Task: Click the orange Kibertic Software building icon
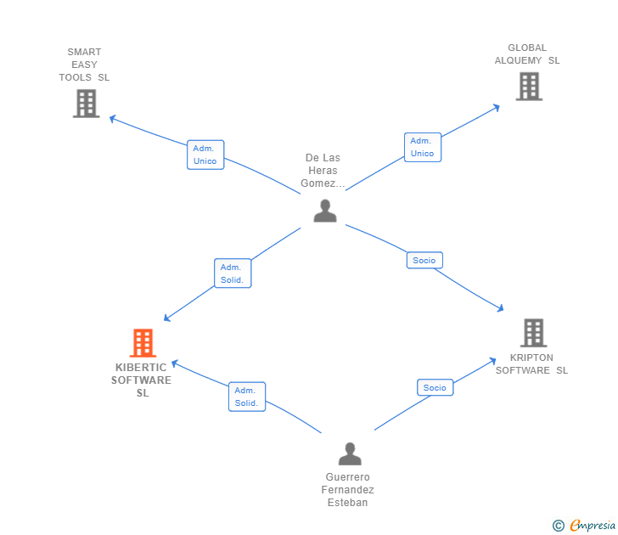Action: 143,343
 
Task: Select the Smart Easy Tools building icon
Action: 86,104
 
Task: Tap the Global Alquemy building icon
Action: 529,86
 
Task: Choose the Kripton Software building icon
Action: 533,333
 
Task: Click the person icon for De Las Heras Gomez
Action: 325,211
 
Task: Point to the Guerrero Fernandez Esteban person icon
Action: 350,454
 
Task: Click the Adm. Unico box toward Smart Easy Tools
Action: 205,155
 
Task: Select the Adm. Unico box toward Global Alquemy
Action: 422,147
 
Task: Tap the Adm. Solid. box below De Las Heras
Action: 232,273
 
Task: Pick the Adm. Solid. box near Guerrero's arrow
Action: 246,397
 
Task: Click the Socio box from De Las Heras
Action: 424,261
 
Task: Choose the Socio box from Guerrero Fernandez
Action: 435,387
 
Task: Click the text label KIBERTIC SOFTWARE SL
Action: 142,380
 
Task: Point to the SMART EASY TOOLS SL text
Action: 84,65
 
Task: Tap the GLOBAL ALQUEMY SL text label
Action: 527,54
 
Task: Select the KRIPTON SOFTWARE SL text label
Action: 532,363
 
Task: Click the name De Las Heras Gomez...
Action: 323,171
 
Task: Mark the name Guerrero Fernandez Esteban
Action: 348,490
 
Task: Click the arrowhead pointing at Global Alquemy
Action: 497,107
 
